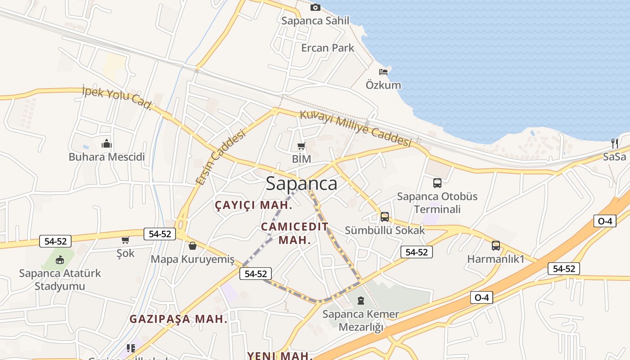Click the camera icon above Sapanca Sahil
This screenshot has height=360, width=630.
coord(315,7)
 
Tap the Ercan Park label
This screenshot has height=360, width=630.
coord(328,48)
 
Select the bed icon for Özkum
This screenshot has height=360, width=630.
coord(383,72)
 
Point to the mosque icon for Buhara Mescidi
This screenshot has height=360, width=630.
coord(107,144)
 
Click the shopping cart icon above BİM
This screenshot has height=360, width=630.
coord(301,146)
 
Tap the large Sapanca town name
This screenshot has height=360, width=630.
coord(301,184)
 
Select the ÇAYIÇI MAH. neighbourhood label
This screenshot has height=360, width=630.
coord(254,205)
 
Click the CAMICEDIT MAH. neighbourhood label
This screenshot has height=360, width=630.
coord(295,233)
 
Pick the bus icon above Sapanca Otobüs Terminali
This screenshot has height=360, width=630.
coord(437,183)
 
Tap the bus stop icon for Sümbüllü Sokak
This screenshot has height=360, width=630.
coord(385,217)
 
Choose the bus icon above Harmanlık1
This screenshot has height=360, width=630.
coord(495,246)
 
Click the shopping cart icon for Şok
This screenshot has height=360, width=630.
coord(125,240)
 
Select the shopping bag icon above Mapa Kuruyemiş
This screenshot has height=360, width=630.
coord(193,246)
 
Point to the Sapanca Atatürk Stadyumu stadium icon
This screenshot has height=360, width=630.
coord(60,260)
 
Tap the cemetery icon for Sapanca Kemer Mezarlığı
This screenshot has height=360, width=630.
coord(360,301)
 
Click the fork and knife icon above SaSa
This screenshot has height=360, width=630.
coord(615,144)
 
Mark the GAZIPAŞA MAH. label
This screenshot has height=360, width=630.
coord(178,319)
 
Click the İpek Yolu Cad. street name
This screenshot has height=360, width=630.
coord(117,98)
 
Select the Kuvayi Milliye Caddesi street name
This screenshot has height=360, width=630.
coord(355,128)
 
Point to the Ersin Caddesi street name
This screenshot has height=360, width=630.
coord(221,157)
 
